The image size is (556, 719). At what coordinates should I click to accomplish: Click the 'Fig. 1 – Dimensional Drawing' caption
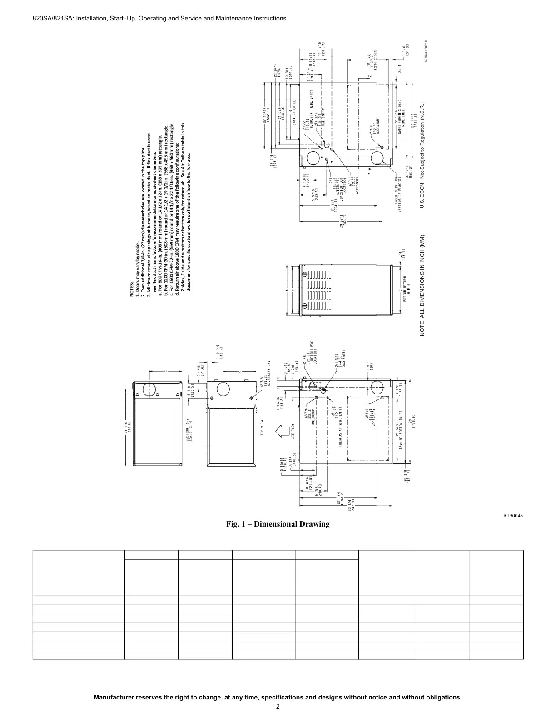(278, 524)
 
